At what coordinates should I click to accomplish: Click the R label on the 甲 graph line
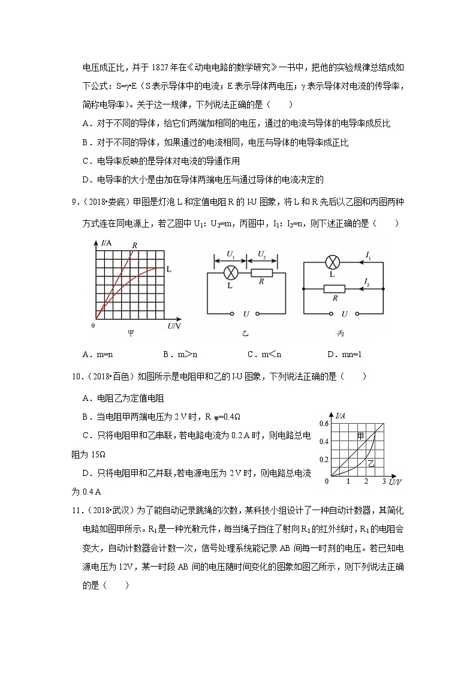[135, 245]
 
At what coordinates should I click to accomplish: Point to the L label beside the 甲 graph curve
[169, 270]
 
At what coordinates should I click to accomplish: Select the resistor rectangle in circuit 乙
[261, 273]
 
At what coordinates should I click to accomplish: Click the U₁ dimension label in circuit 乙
[230, 255]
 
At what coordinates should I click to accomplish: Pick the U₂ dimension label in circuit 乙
[262, 255]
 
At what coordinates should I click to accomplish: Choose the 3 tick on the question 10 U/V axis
[383, 482]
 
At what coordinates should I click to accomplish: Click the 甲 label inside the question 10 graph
[361, 436]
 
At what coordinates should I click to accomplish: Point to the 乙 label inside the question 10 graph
[371, 463]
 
